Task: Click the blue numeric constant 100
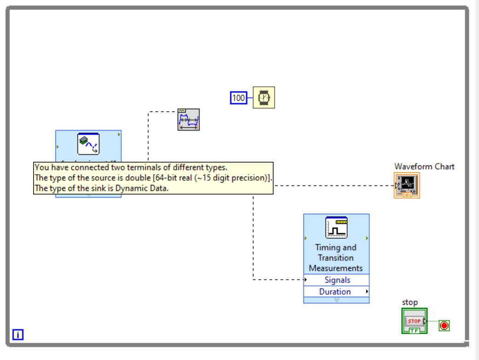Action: point(238,98)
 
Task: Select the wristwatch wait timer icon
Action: point(264,97)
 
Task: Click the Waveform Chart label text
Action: point(424,166)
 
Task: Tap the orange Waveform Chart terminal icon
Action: point(407,186)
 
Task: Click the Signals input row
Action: point(337,280)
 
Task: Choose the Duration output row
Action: point(335,291)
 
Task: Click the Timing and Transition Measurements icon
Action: point(336,227)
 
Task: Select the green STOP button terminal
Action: point(414,321)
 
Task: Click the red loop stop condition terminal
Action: point(444,326)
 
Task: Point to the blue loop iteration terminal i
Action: point(18,335)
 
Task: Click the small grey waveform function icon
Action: point(188,120)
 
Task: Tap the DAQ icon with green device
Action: point(88,143)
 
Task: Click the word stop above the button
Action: point(409,302)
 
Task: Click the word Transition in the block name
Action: point(336,258)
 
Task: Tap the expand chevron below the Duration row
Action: point(336,300)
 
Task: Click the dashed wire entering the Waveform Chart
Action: point(332,186)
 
